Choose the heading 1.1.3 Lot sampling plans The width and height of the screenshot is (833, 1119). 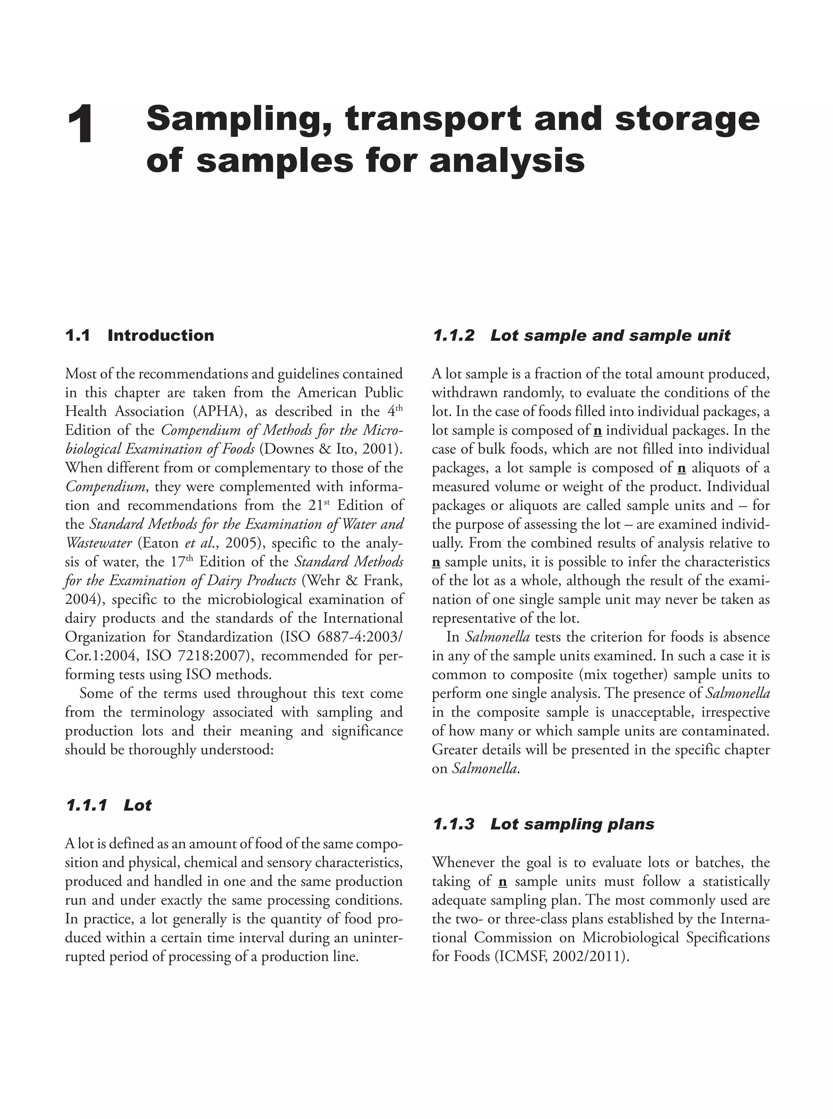coord(543,824)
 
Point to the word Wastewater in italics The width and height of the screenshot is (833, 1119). coord(98,543)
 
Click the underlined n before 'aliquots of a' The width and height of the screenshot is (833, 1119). coord(682,468)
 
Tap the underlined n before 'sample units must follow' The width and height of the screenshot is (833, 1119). coord(502,882)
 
